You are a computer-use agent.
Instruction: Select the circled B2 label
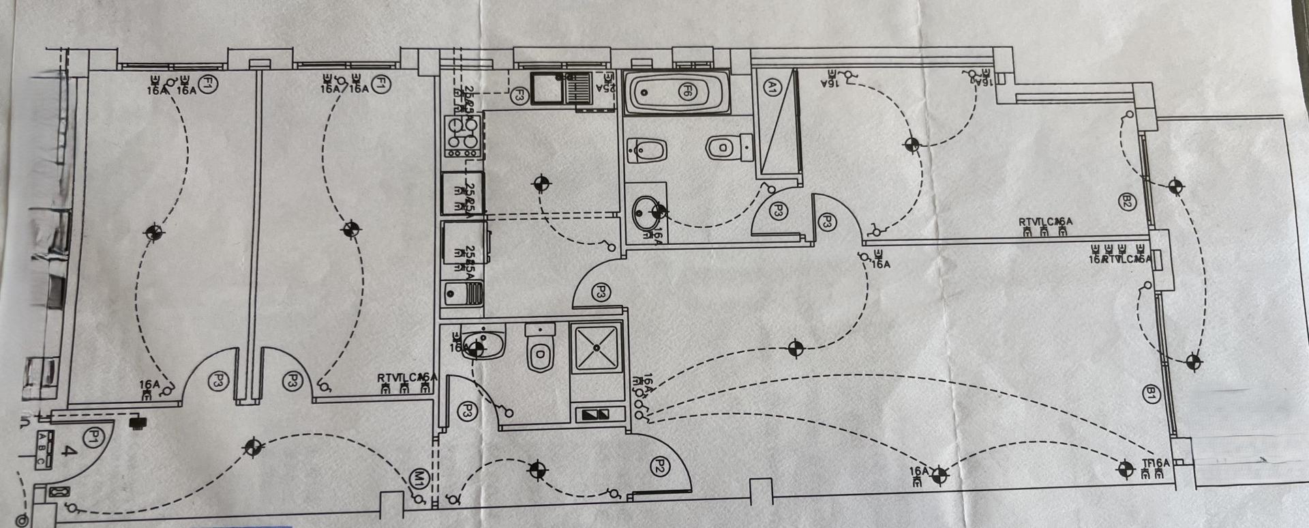[x=1126, y=201]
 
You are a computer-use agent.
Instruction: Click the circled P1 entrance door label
[x=93, y=437]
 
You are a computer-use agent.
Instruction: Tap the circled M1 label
[x=419, y=478]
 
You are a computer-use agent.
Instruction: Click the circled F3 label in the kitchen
[x=520, y=95]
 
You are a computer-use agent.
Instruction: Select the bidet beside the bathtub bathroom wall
[x=645, y=149]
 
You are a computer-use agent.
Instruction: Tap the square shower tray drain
[x=597, y=348]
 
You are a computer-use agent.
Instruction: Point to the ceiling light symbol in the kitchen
[x=542, y=183]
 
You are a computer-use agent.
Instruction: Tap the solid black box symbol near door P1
[x=138, y=422]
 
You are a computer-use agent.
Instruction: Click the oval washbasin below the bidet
[x=645, y=212]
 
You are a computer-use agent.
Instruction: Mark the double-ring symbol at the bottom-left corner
[x=23, y=520]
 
